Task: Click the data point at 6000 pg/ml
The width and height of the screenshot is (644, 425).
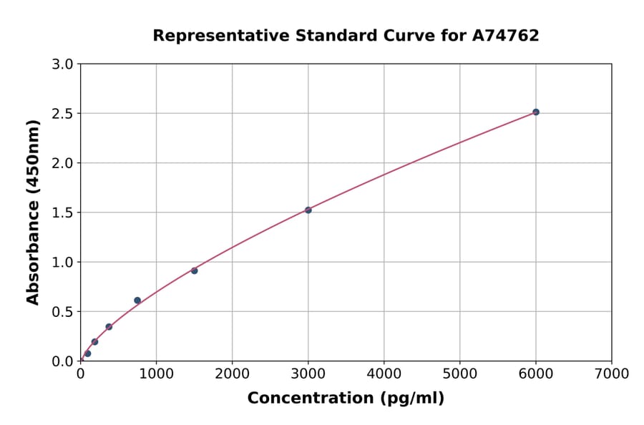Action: tap(535, 112)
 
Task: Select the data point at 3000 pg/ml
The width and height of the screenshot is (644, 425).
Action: tap(308, 210)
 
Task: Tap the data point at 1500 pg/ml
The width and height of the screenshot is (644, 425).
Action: tap(194, 270)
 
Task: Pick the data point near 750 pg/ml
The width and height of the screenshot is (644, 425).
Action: tap(137, 301)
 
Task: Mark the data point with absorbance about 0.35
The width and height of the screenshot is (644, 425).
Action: tap(109, 327)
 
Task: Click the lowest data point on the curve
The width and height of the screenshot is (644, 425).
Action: tap(87, 353)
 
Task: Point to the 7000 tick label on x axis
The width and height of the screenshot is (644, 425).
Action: tap(611, 373)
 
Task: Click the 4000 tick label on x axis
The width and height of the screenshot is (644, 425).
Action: tap(384, 373)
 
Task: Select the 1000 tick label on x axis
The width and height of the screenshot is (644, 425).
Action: tap(156, 373)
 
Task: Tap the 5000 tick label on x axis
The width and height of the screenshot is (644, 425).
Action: tap(459, 373)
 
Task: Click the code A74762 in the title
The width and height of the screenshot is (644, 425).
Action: tap(507, 36)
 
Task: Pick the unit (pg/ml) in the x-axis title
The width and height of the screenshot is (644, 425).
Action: tap(414, 399)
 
